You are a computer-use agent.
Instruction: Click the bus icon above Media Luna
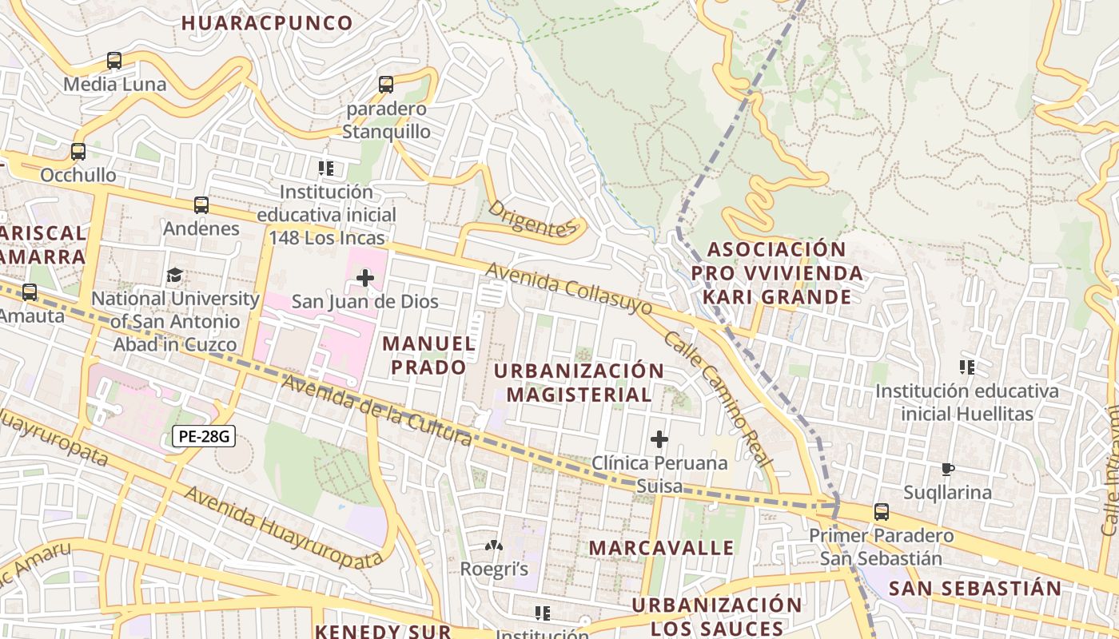coord(114,61)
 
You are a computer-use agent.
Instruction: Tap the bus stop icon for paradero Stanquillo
coord(386,85)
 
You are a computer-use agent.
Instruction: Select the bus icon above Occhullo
coord(78,152)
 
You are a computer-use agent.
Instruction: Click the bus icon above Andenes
coord(201,205)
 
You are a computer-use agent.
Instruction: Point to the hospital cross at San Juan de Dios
coord(365,278)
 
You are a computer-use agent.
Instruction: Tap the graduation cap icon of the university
coord(174,276)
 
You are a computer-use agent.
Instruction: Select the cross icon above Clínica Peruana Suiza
coord(659,439)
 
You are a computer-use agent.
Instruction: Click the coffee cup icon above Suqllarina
coord(948,469)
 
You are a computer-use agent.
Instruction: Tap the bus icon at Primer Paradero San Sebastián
coord(881,512)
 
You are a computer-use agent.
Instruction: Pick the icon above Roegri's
coord(494,546)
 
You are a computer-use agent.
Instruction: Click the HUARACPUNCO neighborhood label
coord(267,23)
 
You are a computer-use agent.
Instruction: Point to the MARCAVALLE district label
coord(661,548)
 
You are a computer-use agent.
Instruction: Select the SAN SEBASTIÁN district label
coord(975,589)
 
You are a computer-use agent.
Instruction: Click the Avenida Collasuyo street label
coord(567,288)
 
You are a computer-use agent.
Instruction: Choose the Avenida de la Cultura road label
coord(376,410)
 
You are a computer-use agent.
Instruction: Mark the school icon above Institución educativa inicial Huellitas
coord(967,367)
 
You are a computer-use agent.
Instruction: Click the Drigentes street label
coord(532,219)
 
